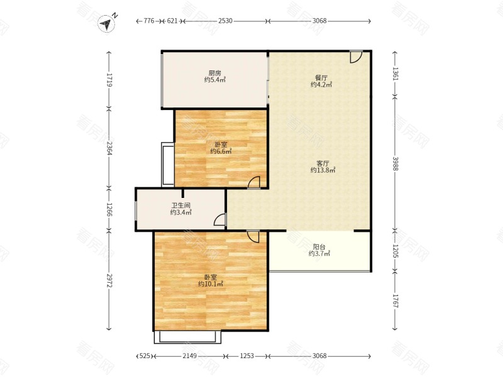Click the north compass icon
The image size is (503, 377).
click(x=107, y=23)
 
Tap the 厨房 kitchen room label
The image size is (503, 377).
click(x=214, y=73)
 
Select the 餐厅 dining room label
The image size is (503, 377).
click(x=321, y=78)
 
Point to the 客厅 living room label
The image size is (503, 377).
click(x=323, y=163)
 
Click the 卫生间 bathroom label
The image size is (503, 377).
click(x=181, y=205)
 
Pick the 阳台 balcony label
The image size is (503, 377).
click(x=319, y=247)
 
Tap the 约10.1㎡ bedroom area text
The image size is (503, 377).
click(x=211, y=284)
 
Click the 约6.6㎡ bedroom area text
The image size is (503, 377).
click(x=221, y=151)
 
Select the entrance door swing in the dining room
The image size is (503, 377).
click(x=356, y=57)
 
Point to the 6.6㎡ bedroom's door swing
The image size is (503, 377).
click(x=254, y=182)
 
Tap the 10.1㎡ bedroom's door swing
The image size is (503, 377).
click(x=253, y=236)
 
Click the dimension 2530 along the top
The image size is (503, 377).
click(x=225, y=21)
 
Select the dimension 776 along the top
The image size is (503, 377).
click(x=149, y=21)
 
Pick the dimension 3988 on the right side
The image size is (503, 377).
click(x=395, y=163)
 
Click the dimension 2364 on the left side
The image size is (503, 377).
click(x=109, y=148)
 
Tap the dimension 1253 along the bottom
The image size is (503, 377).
click(x=247, y=356)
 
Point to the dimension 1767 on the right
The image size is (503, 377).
click(x=395, y=301)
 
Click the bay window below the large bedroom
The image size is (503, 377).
click(x=187, y=337)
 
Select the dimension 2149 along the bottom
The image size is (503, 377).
click(x=190, y=356)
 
